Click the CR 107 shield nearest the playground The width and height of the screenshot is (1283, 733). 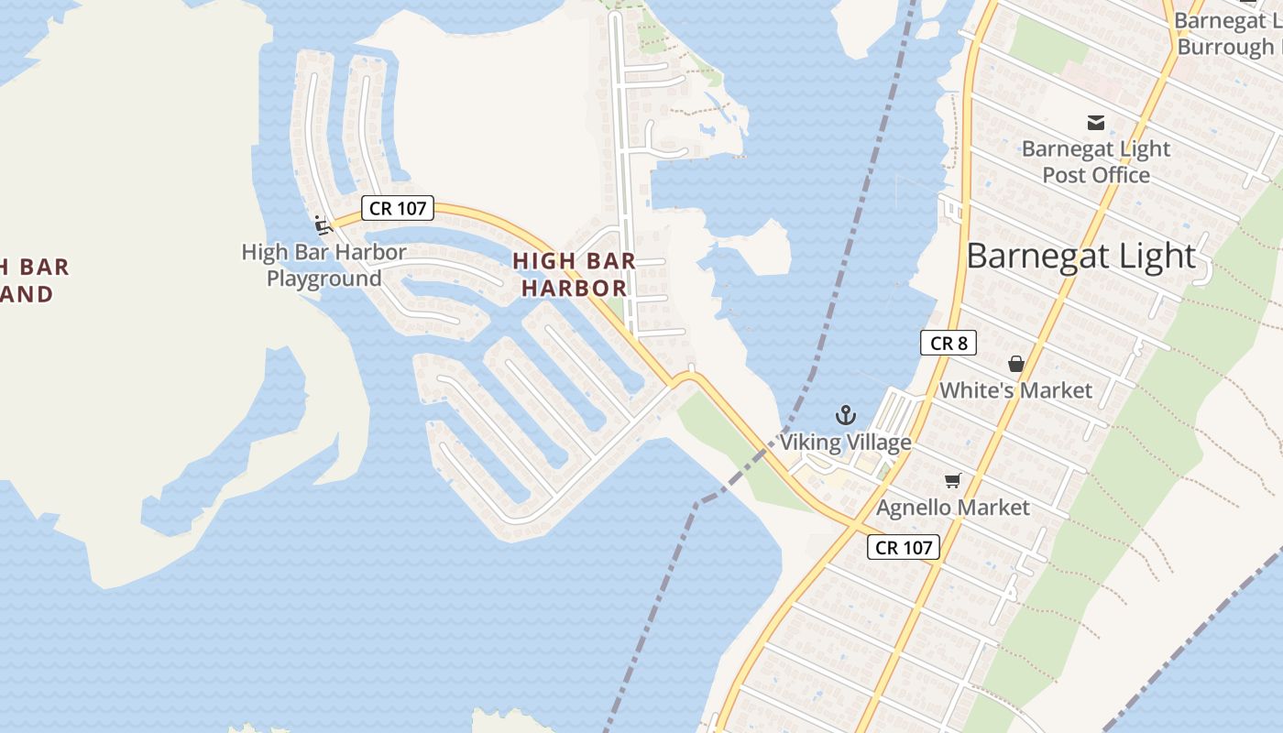click(398, 208)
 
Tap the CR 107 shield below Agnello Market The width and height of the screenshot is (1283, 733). click(904, 547)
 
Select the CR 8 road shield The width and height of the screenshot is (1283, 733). click(948, 343)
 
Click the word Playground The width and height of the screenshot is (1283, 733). click(323, 278)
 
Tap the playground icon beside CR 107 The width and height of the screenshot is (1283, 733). click(322, 224)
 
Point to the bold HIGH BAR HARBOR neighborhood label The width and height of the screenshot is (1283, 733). click(574, 274)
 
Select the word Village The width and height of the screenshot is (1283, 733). click(877, 443)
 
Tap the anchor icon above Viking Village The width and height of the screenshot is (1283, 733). click(845, 415)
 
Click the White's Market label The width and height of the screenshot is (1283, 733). click(1015, 390)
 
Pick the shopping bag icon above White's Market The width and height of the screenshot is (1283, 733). click(1015, 364)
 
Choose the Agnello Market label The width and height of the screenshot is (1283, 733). click(953, 507)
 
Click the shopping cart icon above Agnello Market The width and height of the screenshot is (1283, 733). click(953, 480)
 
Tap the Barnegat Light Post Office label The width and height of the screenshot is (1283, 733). click(1095, 161)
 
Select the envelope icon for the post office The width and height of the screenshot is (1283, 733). click(1095, 122)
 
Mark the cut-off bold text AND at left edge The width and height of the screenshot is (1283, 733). click(27, 294)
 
